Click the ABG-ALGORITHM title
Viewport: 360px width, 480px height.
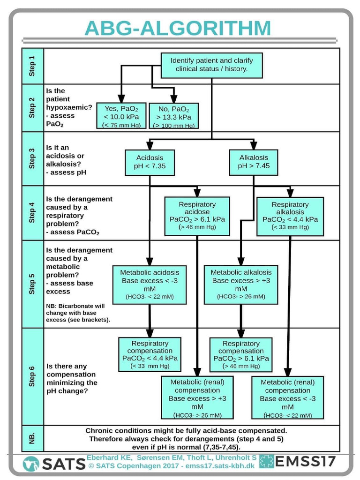click(x=178, y=28)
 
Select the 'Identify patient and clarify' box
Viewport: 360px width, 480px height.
click(x=211, y=65)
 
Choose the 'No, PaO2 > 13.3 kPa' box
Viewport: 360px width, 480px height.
click(x=174, y=116)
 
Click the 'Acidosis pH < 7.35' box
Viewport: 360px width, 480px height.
click(x=150, y=162)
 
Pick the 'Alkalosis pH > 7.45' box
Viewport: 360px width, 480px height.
click(x=254, y=162)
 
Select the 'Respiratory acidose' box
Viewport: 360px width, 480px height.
click(x=197, y=216)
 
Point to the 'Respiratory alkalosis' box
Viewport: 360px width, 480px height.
click(x=290, y=216)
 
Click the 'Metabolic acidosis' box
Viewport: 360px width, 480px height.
click(x=149, y=284)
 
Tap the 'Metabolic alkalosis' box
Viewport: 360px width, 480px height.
click(x=241, y=284)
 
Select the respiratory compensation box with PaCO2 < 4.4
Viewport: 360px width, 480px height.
click(x=150, y=354)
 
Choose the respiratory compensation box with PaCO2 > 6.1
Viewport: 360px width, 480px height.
click(x=241, y=354)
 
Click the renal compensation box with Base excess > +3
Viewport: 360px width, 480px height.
click(x=197, y=397)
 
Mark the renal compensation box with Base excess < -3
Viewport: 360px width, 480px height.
click(x=288, y=397)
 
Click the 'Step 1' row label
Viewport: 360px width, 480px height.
click(x=32, y=66)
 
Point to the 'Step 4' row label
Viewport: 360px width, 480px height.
click(x=32, y=213)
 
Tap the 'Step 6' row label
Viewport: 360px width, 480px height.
click(x=32, y=375)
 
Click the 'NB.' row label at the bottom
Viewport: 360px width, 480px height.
click(x=32, y=438)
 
